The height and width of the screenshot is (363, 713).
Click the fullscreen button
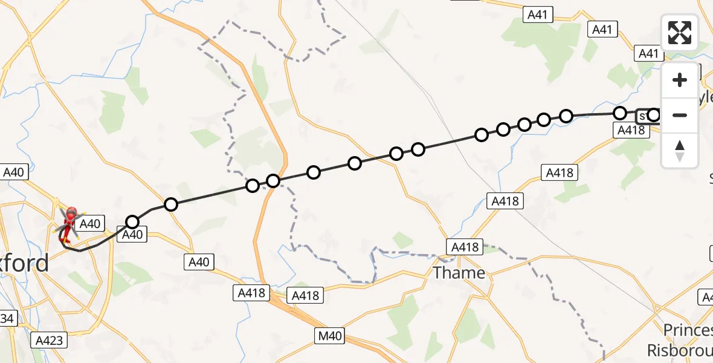tap(680, 33)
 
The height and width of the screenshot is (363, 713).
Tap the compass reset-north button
tap(680, 151)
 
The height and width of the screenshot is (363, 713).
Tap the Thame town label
tap(459, 273)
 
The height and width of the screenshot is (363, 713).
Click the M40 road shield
tap(328, 335)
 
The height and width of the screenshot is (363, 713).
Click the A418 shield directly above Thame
tap(465, 247)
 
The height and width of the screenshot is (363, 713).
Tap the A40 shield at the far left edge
tap(13, 172)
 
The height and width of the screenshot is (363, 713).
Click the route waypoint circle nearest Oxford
tap(132, 221)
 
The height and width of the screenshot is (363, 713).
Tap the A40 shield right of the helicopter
tap(90, 224)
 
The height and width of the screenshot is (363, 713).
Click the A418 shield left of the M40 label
tap(250, 293)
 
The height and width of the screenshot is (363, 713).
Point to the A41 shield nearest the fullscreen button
tap(648, 53)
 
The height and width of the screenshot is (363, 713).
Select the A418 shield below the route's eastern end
tap(631, 129)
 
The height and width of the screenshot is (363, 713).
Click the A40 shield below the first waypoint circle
tap(132, 235)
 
